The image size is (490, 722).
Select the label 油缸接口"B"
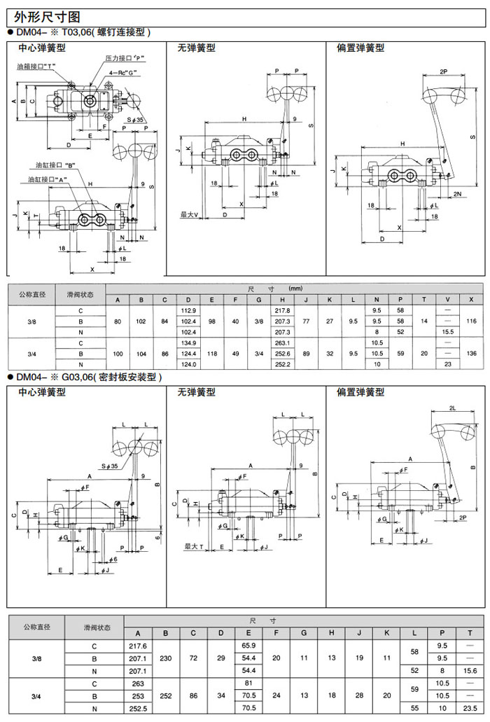tap(58, 165)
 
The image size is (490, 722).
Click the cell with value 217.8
tap(283, 310)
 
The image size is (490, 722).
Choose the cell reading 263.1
tap(283, 342)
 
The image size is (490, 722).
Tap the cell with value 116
tap(472, 321)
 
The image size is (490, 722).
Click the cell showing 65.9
tap(248, 645)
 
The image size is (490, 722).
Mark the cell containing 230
tap(166, 658)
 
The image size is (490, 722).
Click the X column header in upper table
tap(472, 300)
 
